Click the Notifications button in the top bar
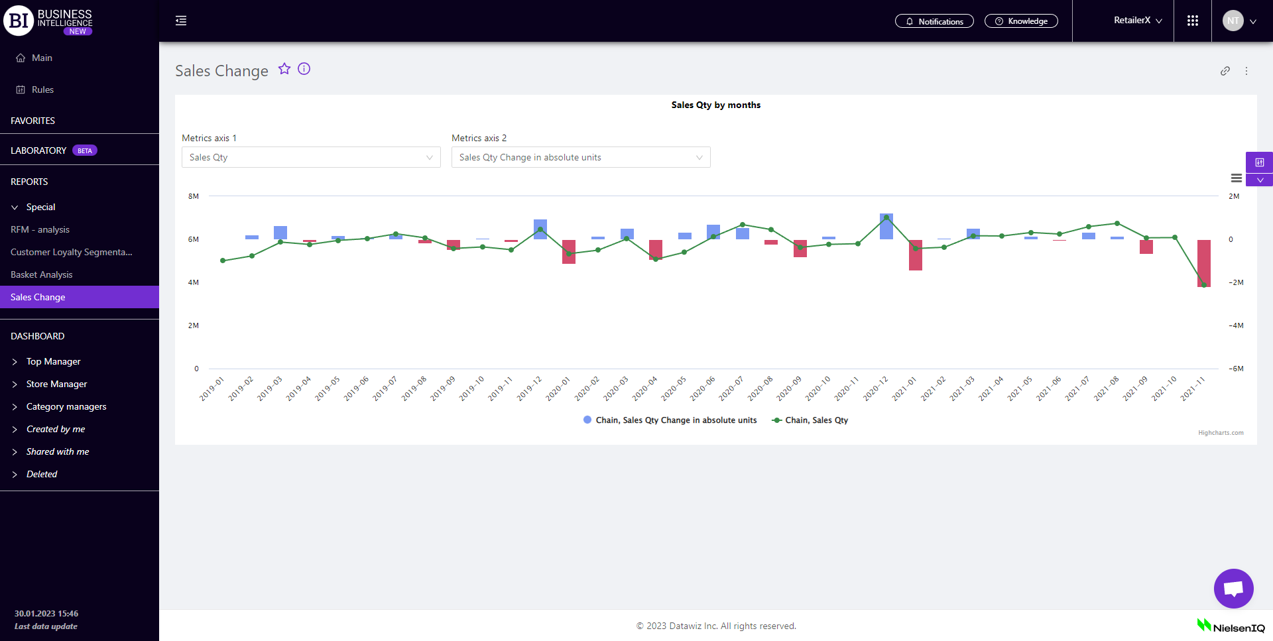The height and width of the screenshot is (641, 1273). pos(934,21)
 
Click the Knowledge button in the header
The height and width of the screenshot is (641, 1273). pos(1021,21)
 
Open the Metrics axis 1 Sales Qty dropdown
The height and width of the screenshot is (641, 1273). pos(311,157)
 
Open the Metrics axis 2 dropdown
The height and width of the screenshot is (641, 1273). pos(581,157)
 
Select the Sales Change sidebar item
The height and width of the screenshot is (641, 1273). pos(38,297)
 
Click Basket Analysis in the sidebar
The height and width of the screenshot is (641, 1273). pos(42,274)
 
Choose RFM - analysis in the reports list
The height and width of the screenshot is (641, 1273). pos(40,229)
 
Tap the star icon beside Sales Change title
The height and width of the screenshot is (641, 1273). pos(284,69)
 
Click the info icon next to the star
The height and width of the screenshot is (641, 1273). pos(304,69)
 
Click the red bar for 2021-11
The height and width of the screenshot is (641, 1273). pos(1203,262)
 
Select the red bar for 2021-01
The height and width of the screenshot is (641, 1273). pos(915,255)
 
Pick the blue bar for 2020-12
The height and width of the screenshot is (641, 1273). pos(886,227)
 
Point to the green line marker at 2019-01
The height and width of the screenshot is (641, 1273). pos(223,261)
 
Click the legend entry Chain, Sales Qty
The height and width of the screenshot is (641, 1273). pos(810,420)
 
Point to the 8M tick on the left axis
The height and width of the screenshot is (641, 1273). pos(194,196)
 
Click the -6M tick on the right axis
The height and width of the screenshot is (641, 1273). pos(1236,369)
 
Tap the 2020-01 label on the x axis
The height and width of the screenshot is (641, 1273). pos(558,389)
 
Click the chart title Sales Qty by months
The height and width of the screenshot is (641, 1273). pos(715,105)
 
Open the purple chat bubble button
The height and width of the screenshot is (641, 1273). pos(1233,588)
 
